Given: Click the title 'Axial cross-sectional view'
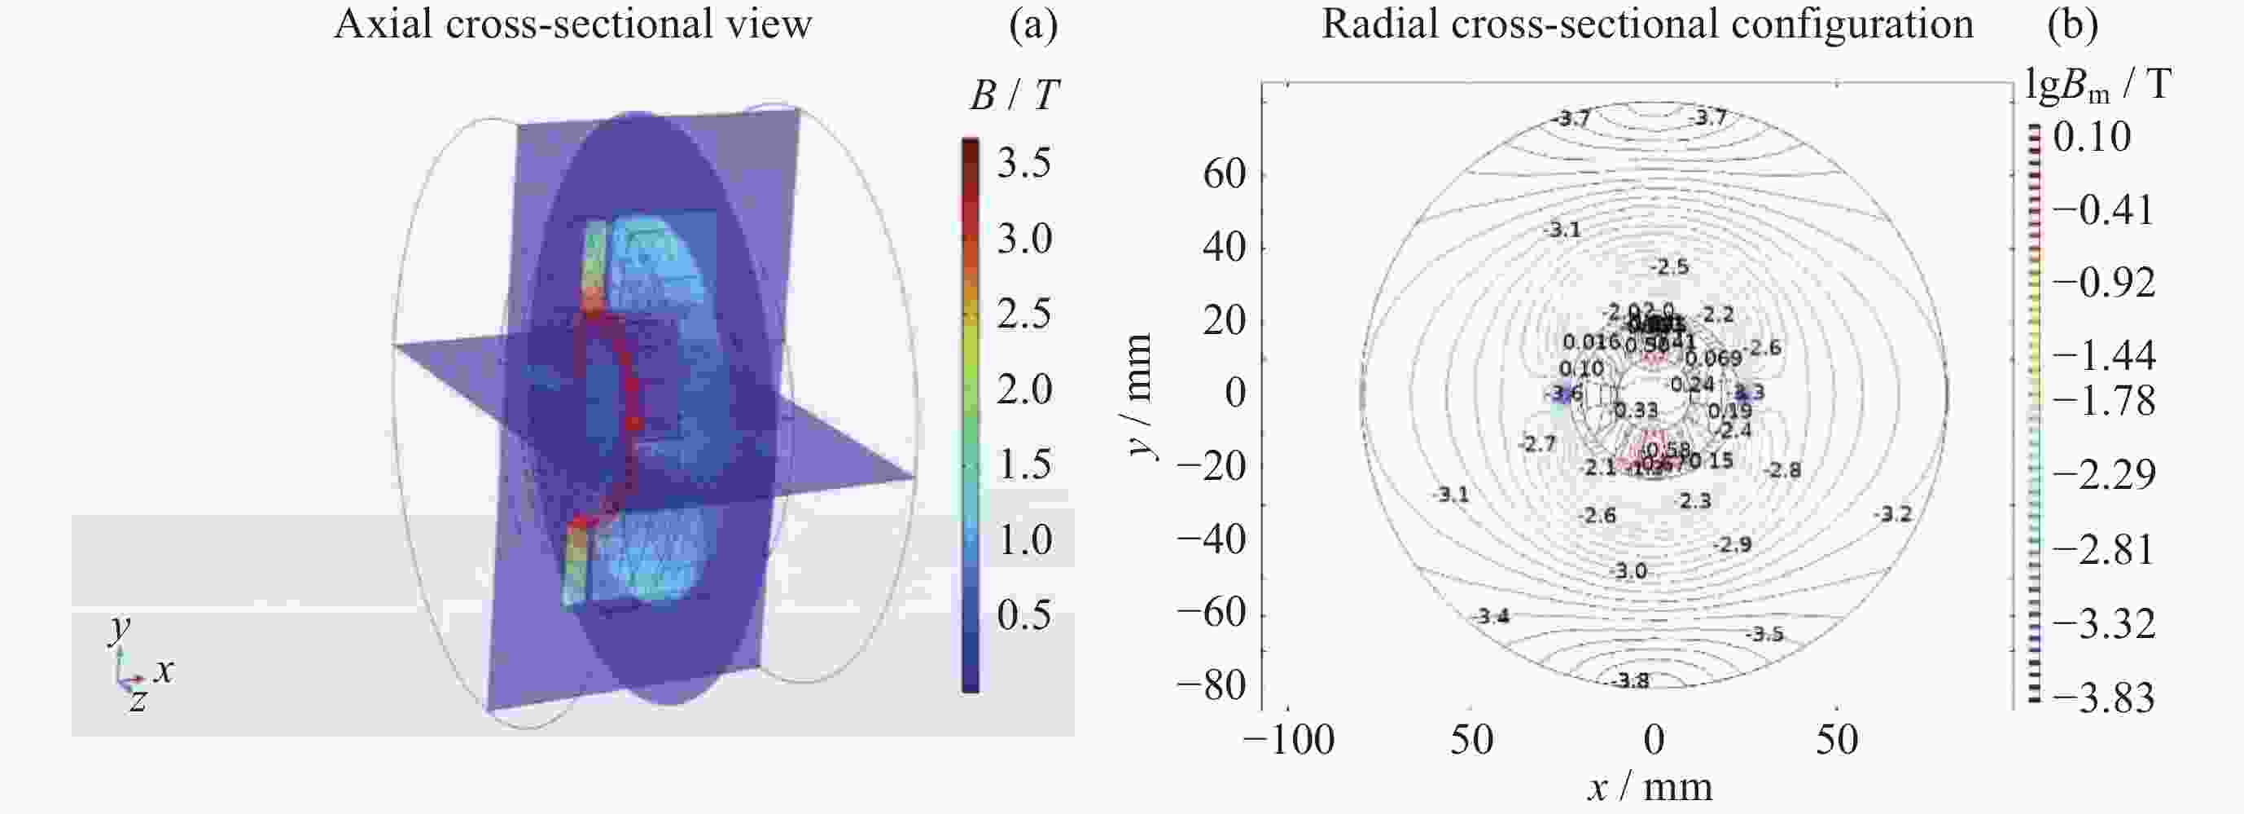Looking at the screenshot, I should [572, 24].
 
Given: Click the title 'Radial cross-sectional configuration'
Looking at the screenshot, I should [1646, 24].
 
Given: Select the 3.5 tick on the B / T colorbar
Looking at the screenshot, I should [1024, 163].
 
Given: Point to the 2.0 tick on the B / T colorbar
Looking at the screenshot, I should [1024, 389].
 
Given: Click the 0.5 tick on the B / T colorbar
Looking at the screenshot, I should [1024, 615].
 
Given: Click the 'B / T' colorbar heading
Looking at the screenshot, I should [1014, 95].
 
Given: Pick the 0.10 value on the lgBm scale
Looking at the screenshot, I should [2092, 137].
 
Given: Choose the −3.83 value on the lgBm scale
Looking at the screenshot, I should [2103, 697].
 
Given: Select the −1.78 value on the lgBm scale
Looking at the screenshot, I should [2103, 401].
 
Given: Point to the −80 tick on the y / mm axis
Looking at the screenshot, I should [1212, 685].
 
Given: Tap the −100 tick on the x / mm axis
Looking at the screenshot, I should [1288, 740].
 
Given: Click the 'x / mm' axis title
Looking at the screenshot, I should [1650, 788].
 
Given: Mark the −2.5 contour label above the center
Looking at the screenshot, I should [1669, 266].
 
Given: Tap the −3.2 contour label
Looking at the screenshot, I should [1893, 514].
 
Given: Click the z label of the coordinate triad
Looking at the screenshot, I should [138, 700].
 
